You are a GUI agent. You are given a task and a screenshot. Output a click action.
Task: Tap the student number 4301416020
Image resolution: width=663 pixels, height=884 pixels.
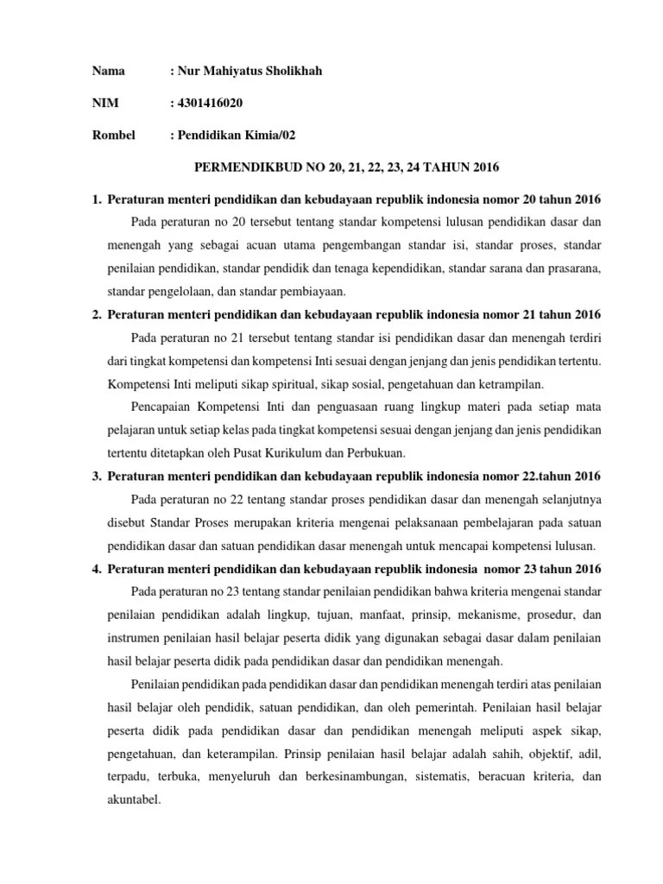click(210, 104)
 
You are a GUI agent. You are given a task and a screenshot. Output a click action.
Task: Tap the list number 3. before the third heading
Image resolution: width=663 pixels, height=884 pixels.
click(97, 477)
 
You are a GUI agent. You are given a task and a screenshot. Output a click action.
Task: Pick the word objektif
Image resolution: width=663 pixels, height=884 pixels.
click(520, 753)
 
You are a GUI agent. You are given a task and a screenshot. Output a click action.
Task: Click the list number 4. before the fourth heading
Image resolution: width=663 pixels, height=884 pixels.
click(97, 568)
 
